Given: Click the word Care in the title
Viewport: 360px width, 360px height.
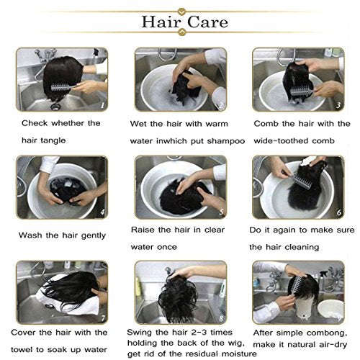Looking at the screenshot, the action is [x=207, y=22].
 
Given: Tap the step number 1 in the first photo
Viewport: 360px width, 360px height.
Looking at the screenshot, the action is [x=102, y=105].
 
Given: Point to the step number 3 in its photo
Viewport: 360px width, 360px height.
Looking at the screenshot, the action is [x=338, y=105].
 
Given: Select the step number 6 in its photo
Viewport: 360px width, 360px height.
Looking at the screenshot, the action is [x=339, y=212].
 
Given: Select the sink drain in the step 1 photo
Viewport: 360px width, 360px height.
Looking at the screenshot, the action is [x=55, y=106].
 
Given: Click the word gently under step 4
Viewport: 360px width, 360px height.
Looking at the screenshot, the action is [x=94, y=235].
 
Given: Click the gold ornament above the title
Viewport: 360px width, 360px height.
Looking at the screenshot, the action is [x=182, y=12].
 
